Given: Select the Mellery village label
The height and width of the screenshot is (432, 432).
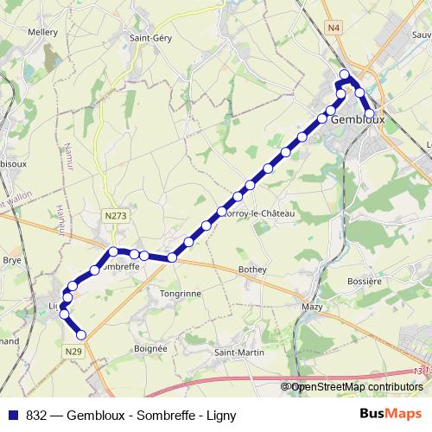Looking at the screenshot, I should tap(42, 32).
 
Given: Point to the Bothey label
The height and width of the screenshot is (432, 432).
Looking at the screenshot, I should tap(252, 270).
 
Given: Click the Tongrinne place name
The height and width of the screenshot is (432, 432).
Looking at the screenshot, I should tap(181, 293).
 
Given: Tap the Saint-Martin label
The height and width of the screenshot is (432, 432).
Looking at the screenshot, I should tap(239, 352).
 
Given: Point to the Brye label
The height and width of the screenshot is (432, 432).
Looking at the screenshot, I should tap(12, 258).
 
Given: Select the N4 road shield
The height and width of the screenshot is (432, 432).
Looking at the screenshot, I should tap(334, 29).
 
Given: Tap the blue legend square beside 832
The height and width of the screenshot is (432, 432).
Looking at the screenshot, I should tap(12, 414).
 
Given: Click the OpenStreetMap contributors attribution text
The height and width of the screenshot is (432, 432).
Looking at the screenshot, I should tap(356, 387).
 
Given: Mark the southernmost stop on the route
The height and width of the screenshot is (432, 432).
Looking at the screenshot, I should tap(82, 334).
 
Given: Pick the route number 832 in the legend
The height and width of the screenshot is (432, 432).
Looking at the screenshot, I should tap(36, 414).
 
